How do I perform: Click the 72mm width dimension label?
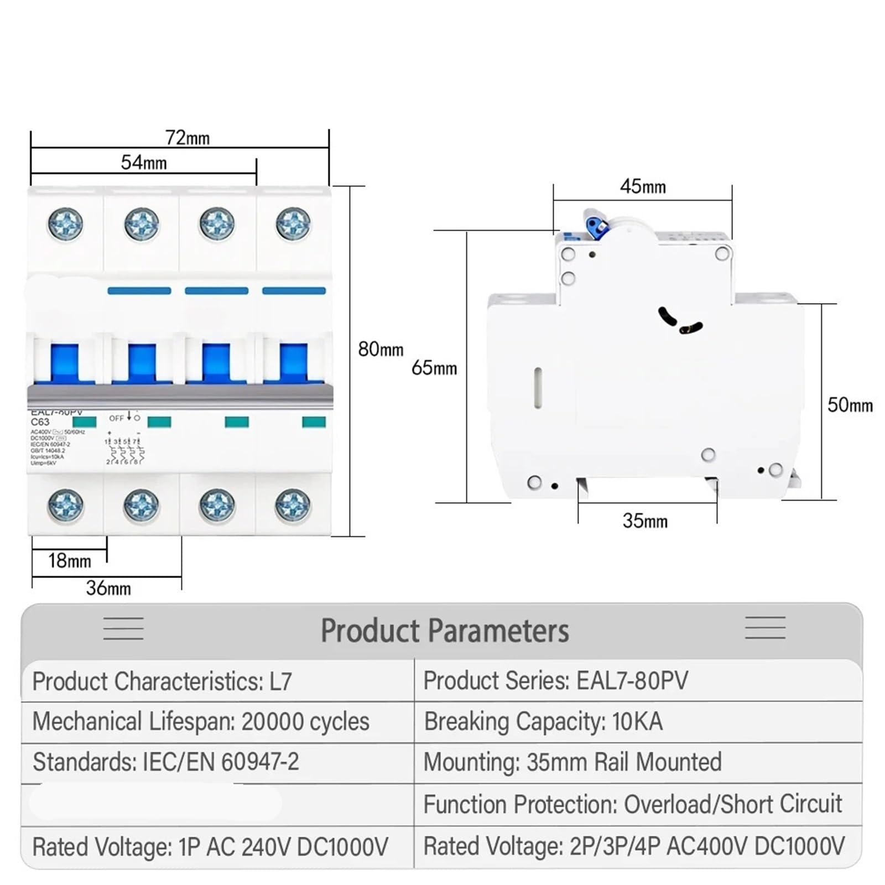pyautogui.click(x=188, y=138)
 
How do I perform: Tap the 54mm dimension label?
pyautogui.click(x=144, y=163)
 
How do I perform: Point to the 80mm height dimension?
pyautogui.click(x=381, y=350)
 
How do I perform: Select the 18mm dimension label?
pyautogui.click(x=69, y=561)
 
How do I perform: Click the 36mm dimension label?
pyautogui.click(x=108, y=588)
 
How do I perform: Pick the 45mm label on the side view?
pyautogui.click(x=643, y=186)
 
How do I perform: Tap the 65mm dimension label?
pyautogui.click(x=434, y=368)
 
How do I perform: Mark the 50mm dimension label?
pyautogui.click(x=850, y=405)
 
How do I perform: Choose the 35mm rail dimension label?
pyautogui.click(x=645, y=520)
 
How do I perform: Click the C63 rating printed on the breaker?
pyautogui.click(x=40, y=422)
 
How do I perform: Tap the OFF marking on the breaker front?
pyautogui.click(x=116, y=418)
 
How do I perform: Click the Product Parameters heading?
pyautogui.click(x=445, y=631)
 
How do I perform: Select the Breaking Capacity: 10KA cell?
pyautogui.click(x=543, y=722)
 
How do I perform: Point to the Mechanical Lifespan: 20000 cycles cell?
pyautogui.click(x=201, y=722)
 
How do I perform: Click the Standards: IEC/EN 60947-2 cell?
pyautogui.click(x=166, y=762)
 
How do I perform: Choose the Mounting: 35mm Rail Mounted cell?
pyautogui.click(x=572, y=762)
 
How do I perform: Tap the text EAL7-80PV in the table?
pyautogui.click(x=632, y=681)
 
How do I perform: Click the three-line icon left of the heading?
pyautogui.click(x=123, y=629)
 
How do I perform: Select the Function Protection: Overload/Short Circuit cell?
pyautogui.click(x=632, y=804)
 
